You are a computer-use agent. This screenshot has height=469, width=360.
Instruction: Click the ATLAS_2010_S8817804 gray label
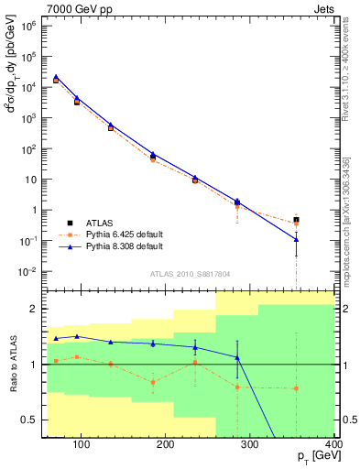click(189, 272)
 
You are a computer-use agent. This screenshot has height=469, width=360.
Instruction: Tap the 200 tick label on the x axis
click(165, 445)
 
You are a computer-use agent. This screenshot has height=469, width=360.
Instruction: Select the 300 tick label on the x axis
click(249, 445)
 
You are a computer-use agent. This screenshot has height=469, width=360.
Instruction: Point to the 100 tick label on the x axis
click(82, 445)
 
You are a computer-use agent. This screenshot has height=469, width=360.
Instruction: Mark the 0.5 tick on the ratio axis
click(28, 420)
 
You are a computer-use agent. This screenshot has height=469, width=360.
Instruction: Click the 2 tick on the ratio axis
click(32, 309)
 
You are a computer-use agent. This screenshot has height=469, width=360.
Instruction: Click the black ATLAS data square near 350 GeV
click(296, 220)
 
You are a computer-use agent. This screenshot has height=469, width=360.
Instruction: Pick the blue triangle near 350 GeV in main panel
click(296, 240)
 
